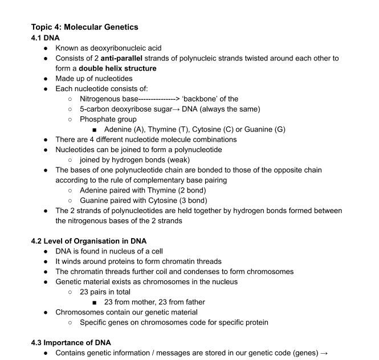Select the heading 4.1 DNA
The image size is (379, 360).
click(47, 38)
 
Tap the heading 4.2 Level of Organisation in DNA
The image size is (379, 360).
click(88, 240)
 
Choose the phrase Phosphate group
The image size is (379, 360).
click(108, 119)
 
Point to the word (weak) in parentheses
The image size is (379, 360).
click(176, 159)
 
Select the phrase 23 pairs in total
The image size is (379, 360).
click(105, 292)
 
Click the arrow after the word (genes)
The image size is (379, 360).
click(324, 353)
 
